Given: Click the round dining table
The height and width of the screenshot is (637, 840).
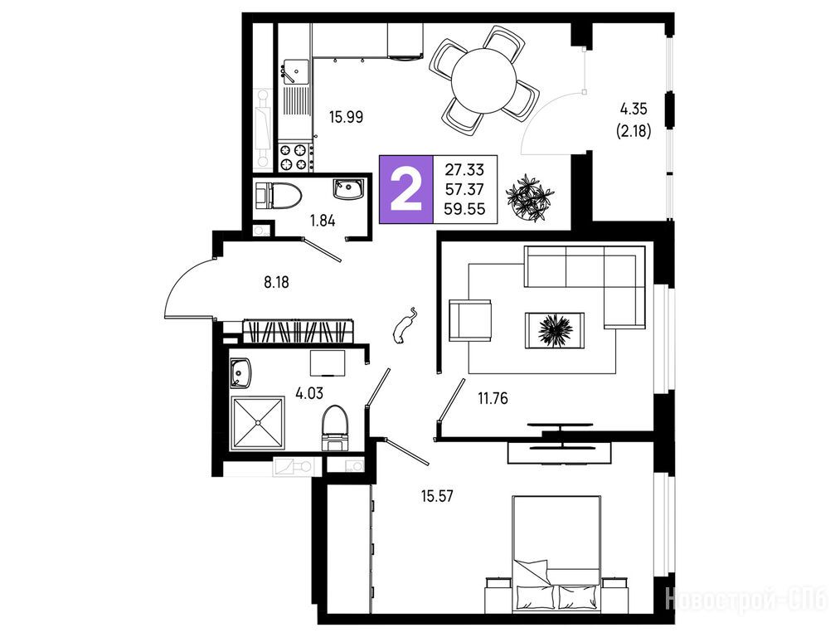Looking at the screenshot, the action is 483,80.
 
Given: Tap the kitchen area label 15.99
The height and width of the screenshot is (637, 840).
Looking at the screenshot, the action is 346,117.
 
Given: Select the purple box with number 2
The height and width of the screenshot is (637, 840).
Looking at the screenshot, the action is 406,189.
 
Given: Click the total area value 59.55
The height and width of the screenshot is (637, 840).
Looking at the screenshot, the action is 465,209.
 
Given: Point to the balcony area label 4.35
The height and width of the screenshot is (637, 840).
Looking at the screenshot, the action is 634,109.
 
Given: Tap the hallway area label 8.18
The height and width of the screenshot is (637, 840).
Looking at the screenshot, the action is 276,282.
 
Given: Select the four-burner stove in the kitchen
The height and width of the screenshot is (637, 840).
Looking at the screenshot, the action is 294,157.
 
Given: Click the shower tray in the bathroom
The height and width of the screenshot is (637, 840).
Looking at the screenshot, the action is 258,423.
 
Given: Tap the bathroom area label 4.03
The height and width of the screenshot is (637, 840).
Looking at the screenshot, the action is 309,394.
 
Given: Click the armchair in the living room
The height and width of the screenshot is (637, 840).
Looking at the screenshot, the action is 470,320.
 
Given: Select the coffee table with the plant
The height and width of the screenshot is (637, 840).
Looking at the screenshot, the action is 555,330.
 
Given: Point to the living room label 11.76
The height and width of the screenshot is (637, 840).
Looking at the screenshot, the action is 493,399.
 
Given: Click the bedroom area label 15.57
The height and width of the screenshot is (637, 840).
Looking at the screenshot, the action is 437,496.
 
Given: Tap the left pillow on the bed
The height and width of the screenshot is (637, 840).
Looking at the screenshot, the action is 536,596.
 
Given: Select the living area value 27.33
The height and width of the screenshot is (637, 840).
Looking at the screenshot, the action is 464,170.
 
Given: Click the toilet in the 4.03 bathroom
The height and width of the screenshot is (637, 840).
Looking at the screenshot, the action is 335,429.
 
